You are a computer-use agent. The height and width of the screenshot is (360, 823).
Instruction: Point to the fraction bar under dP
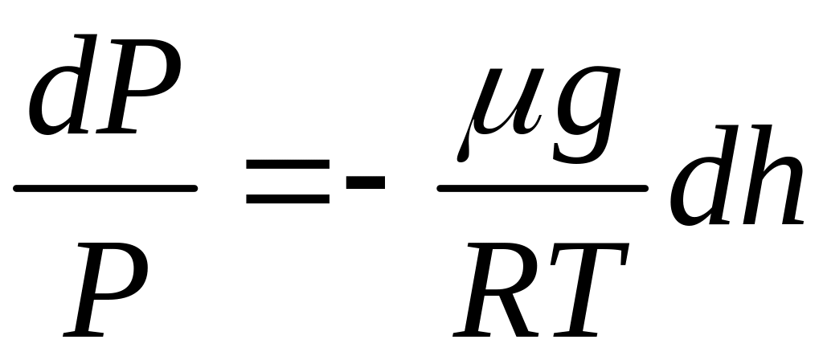(x=104, y=189)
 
